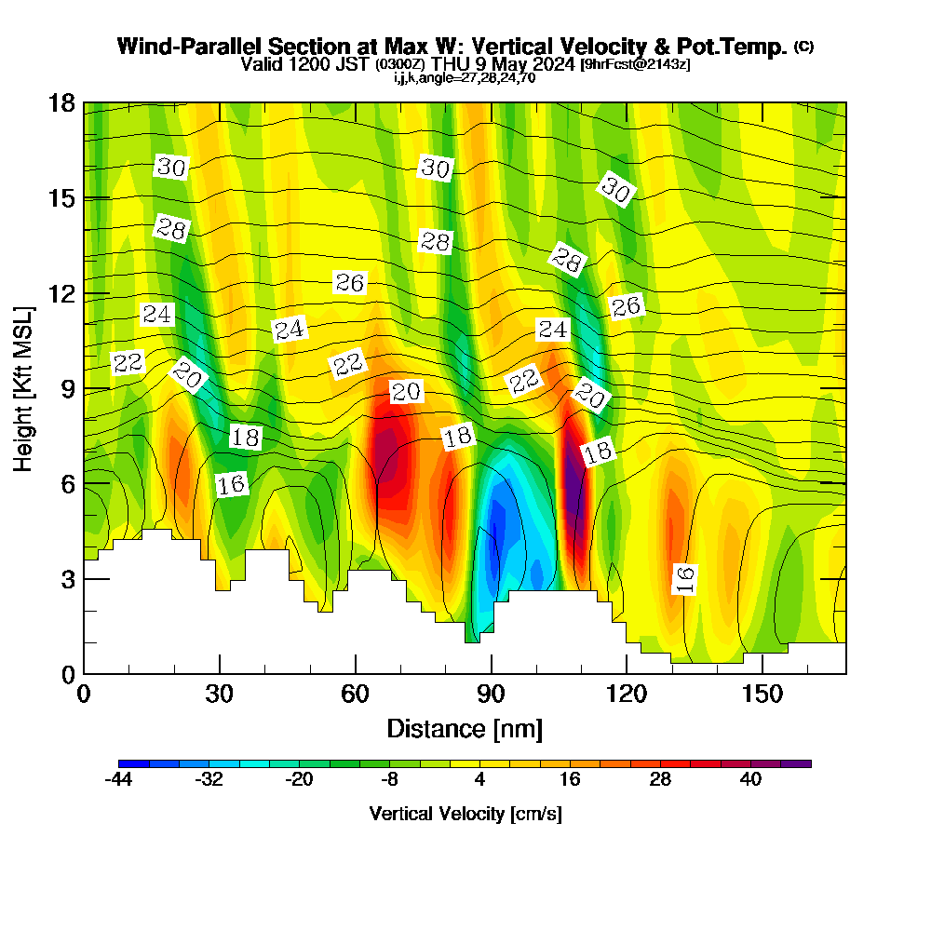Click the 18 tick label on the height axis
click(61, 102)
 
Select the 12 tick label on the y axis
click(61, 293)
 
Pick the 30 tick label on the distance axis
click(220, 695)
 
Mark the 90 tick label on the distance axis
click(491, 695)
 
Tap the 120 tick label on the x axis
click(627, 695)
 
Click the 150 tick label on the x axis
click(762, 695)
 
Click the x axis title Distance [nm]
click(465, 728)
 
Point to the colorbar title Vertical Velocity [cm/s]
click(465, 814)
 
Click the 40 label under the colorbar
click(750, 780)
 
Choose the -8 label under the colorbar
click(389, 780)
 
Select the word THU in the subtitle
click(452, 64)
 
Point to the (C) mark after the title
click(803, 47)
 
